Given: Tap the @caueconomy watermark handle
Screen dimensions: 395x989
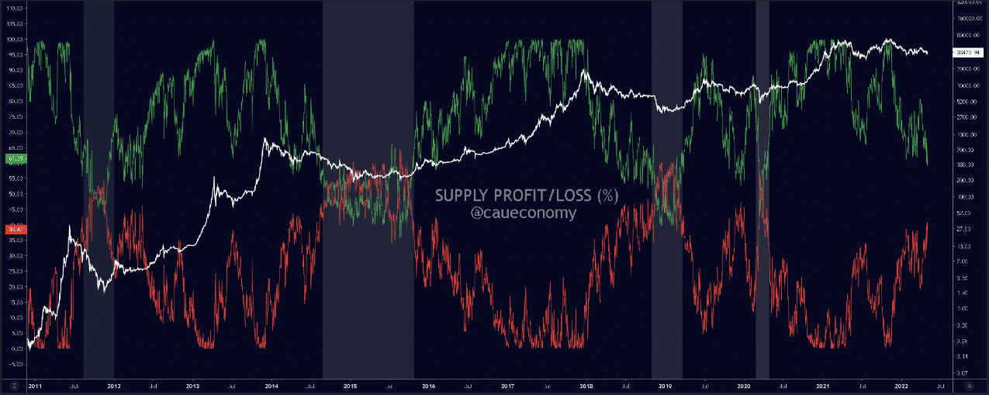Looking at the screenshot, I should coord(524,213).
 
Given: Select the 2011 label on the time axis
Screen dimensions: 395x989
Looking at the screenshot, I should coord(36,385).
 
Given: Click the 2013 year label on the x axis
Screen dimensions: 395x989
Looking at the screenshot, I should coord(192,385).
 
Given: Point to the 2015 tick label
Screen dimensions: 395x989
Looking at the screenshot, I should coord(350,385).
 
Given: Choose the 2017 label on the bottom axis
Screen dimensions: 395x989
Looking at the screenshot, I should coord(507,385).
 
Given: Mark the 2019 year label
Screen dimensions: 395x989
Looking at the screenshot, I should coord(665,385).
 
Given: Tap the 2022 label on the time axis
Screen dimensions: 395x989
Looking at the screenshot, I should coord(901,385).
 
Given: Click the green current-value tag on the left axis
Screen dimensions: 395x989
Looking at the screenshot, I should coord(13,158).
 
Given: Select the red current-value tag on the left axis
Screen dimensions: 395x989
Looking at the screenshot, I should coord(13,229).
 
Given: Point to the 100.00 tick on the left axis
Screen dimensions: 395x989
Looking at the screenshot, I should coord(13,39).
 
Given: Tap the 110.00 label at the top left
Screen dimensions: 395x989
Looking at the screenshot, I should coord(13,8).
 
